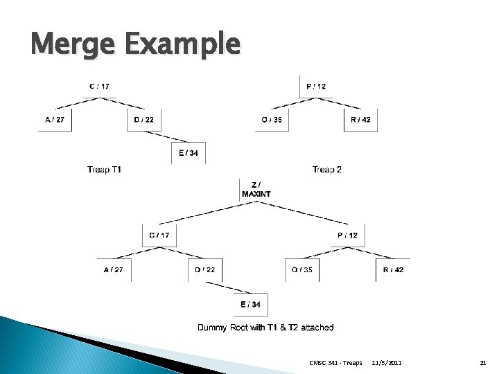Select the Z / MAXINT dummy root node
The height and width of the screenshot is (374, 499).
(256, 189)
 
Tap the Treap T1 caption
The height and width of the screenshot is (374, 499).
(105, 169)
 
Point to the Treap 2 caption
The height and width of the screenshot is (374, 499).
(326, 169)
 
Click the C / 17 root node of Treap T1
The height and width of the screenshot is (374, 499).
(99, 87)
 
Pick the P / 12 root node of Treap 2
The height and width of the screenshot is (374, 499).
(316, 87)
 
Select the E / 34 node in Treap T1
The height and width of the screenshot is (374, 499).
(189, 152)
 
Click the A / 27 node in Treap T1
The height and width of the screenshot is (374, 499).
(55, 120)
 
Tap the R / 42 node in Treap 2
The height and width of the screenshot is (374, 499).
(361, 120)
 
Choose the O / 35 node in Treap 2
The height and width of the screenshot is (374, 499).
(272, 120)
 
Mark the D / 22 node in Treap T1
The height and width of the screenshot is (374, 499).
(144, 120)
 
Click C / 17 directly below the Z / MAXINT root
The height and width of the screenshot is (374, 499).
(159, 235)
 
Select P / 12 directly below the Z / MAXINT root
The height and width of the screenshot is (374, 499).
(348, 235)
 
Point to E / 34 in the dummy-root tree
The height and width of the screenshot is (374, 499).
(251, 304)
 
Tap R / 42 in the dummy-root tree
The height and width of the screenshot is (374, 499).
(393, 269)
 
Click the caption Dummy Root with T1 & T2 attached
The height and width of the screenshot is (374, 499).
(265, 328)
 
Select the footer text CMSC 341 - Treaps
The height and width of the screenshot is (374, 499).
(335, 362)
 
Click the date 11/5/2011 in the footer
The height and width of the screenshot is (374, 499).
(387, 362)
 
